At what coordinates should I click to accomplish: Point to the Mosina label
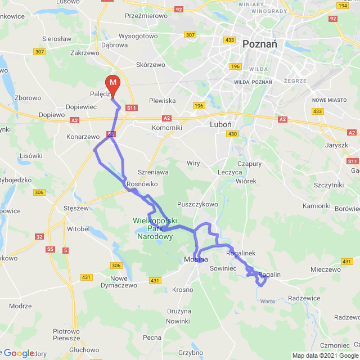(196, 259)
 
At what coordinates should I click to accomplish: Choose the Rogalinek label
(241, 254)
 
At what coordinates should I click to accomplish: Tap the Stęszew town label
(76, 208)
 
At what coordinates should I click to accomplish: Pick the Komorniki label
(167, 128)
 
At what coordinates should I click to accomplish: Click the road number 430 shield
(232, 134)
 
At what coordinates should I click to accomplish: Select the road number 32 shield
(39, 237)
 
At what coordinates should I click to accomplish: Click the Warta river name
(268, 301)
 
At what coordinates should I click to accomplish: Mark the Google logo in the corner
(19, 353)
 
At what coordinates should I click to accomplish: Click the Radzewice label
(304, 298)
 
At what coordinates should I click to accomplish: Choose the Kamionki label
(316, 206)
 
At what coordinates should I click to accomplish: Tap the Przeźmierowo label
(146, 16)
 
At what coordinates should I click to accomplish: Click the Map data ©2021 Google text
(325, 355)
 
